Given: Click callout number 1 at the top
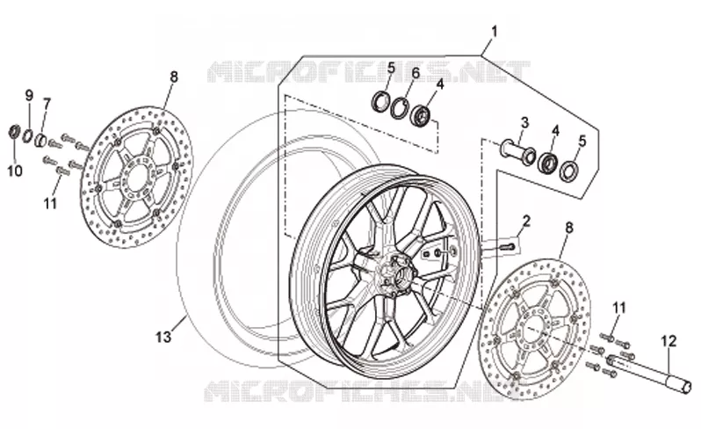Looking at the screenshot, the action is coord(494,32).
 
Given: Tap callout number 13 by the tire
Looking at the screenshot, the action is coord(163,337).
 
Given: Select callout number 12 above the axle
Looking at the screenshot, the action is coord(668,341).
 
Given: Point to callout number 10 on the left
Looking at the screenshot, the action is coord(15,171).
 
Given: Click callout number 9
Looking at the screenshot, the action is coord(29,95).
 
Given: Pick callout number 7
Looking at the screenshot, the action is coord(47,105).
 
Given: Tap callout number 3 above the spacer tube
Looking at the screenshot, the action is coord(524,122).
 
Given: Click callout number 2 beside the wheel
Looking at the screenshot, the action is coord(526,221).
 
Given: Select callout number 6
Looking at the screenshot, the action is coord(416,73).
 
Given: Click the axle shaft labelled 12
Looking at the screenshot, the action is coord(648,373).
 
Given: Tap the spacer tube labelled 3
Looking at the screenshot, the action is coord(517,151).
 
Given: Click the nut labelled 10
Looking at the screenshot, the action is coord(15,132).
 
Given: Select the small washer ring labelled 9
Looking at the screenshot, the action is coord(28,135).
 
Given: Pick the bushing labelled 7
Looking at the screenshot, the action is coord(41,140).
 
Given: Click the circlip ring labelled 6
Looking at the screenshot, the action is coord(399,108).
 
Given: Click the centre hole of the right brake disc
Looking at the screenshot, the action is coord(533,330).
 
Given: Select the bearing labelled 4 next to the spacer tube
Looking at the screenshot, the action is coord(547,163).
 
